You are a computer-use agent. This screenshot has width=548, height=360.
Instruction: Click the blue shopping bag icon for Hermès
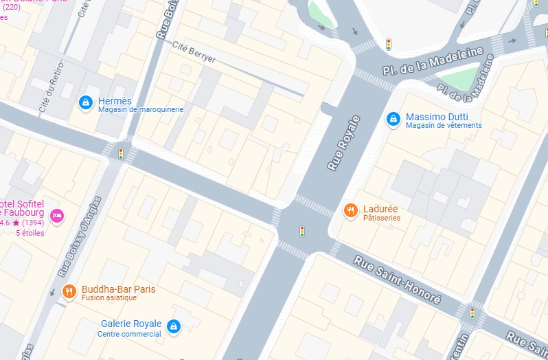tap(85, 103)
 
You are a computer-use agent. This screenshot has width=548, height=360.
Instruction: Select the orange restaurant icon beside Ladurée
tap(350, 211)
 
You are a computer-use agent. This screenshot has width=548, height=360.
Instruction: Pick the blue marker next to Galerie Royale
tap(174, 326)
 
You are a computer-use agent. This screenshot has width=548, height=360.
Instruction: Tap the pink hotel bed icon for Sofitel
tap(57, 216)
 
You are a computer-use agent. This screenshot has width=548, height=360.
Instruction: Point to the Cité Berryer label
tap(194, 53)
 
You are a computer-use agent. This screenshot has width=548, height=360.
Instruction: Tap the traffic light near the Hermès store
tap(121, 153)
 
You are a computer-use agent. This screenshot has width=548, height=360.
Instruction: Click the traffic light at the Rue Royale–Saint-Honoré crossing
tap(301, 231)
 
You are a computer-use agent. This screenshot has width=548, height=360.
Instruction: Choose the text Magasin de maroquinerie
tap(140, 110)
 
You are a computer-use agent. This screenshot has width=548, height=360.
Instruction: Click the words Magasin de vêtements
tap(444, 126)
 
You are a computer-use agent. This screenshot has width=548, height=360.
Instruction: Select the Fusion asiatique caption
tap(109, 298)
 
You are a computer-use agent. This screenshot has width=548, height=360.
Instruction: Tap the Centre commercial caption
tap(129, 335)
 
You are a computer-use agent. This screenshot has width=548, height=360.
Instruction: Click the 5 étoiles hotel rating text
tap(30, 233)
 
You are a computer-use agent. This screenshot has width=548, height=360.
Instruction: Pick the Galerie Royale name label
tap(131, 324)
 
